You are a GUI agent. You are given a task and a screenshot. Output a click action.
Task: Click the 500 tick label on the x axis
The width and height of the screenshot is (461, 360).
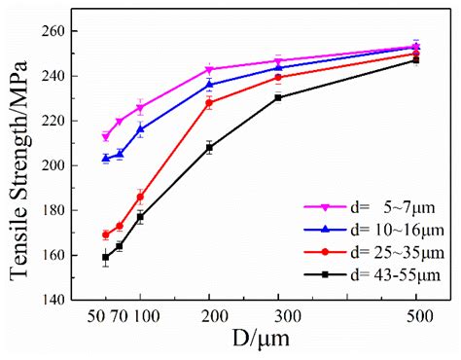[416, 317]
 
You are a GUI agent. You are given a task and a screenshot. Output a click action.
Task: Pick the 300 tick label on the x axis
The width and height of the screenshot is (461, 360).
[278, 317]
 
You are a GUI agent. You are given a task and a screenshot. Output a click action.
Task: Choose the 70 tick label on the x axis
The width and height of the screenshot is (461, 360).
[120, 317]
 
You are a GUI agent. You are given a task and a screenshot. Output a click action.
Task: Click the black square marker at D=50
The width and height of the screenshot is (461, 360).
[105, 258]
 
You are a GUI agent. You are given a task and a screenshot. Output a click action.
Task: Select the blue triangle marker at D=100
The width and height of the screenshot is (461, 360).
[140, 129]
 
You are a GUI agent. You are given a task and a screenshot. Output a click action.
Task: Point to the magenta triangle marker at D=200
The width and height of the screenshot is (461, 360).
[209, 70]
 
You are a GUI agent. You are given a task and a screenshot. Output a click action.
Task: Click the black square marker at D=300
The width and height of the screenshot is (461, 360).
[278, 97]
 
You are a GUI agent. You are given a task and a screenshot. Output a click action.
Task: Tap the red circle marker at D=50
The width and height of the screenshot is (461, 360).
[105, 234]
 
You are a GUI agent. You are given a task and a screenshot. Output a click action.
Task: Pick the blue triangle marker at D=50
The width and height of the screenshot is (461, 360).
[105, 158]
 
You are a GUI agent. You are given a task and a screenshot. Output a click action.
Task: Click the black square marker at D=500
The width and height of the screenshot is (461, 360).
[416, 60]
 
